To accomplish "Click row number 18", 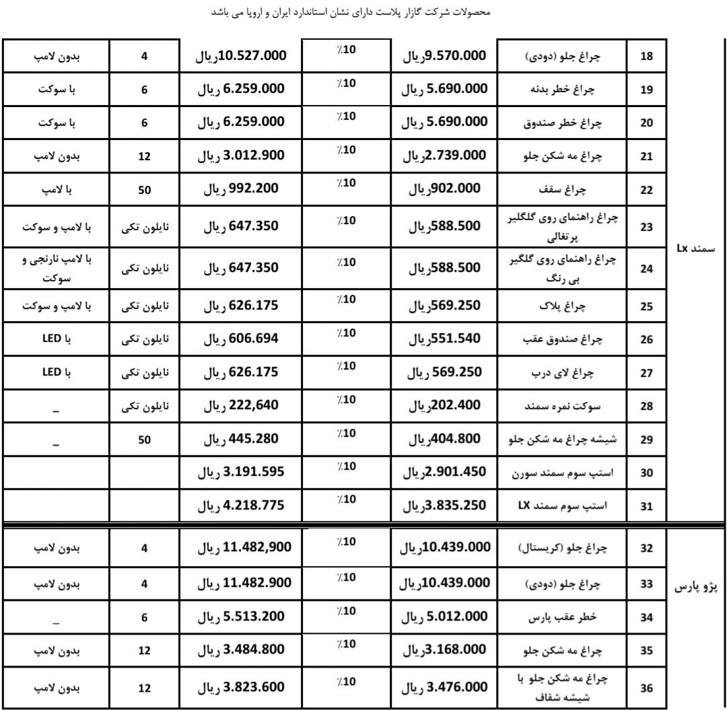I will tap(645, 57).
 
